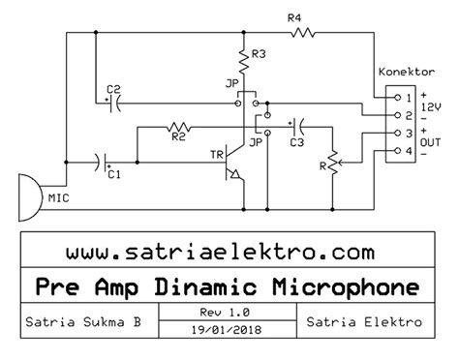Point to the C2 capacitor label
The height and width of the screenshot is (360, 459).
click(114, 91)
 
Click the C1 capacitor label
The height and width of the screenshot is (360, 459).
click(114, 174)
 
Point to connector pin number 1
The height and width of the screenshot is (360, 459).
click(409, 98)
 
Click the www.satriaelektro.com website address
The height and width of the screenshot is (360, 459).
click(220, 252)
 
